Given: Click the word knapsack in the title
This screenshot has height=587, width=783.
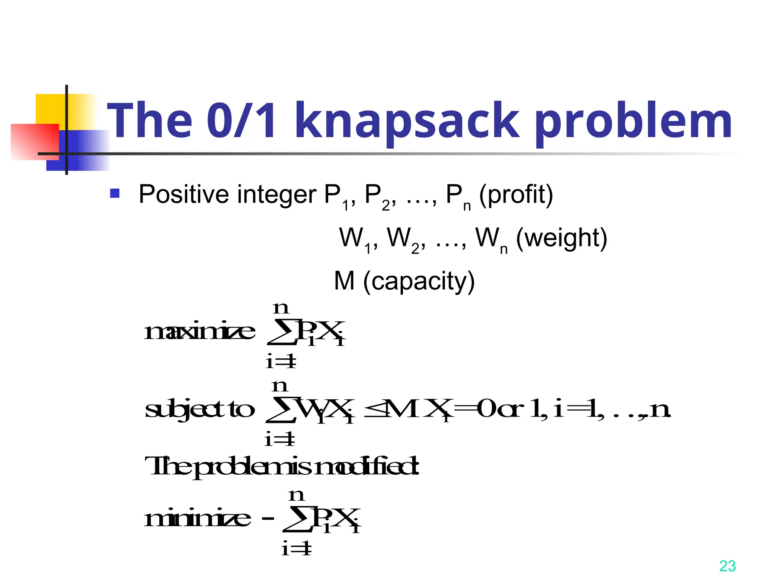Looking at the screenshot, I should coord(407,122).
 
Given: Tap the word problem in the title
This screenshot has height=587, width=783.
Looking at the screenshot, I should coord(633,122).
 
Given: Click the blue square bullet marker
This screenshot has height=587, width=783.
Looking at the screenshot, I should coord(115,193).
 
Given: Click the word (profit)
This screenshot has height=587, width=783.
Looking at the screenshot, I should coord(516,195).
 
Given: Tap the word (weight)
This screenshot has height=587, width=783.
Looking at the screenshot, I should coord(561,238).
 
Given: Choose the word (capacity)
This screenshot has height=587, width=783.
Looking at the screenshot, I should coord(419,282).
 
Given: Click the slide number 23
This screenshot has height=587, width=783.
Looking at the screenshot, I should coord(727,566).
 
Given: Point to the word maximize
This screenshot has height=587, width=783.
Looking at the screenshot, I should coord(200,331).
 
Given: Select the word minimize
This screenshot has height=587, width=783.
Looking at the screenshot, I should coord(197,519).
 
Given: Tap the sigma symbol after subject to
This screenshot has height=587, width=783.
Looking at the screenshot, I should coord(281,410).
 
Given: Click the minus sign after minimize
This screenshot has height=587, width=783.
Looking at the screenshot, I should coord(268,519).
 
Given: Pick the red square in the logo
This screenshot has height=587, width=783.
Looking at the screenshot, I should coord(34,141).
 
